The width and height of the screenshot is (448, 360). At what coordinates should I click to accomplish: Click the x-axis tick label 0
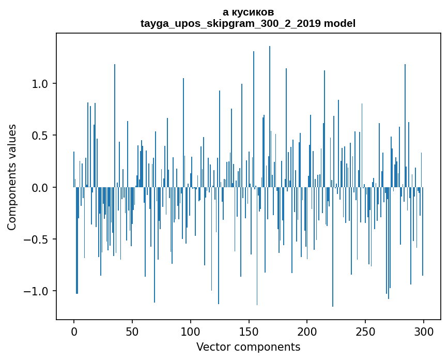(x=74, y=331)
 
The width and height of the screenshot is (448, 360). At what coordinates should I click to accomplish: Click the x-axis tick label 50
(x=132, y=331)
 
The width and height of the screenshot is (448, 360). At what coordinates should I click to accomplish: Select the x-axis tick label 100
(x=191, y=331)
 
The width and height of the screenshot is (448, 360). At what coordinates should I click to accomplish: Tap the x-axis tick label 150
(x=249, y=331)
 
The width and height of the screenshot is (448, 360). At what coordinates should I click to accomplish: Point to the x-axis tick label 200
(x=307, y=331)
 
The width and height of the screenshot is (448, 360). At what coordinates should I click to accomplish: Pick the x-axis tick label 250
(x=366, y=331)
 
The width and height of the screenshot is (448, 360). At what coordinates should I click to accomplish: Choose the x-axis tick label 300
(x=424, y=331)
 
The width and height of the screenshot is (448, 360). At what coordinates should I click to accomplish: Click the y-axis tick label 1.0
(x=40, y=84)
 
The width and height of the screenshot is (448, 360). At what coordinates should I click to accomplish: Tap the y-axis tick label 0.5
(x=40, y=136)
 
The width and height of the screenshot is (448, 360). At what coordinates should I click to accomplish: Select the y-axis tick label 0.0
(x=40, y=188)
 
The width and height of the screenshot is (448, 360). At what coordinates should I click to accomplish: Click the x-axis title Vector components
(x=248, y=347)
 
